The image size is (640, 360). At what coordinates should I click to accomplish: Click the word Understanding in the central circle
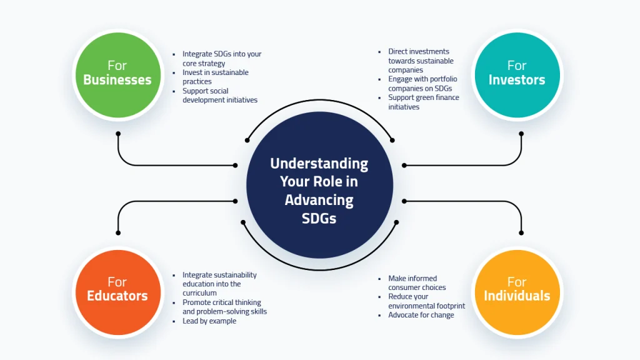[x=319, y=164]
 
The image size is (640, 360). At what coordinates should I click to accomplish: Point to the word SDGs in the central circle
[x=319, y=218]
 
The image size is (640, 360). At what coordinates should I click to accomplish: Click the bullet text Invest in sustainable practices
[x=215, y=77]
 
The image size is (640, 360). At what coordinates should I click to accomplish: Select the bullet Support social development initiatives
[x=219, y=96]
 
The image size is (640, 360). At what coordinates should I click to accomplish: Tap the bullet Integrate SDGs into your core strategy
[x=221, y=59]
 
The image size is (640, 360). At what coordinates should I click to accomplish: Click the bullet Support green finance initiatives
[x=423, y=102]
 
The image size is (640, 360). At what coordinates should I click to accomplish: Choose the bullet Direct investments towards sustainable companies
[x=420, y=61]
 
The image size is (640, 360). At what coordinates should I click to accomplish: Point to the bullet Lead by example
[x=209, y=321]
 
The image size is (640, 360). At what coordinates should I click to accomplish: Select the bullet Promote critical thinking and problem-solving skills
[x=224, y=307]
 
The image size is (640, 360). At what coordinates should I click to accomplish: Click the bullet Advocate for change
[x=421, y=315]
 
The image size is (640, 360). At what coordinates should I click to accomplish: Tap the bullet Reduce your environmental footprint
[x=426, y=301]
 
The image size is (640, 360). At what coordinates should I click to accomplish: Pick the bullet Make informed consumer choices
[x=416, y=283]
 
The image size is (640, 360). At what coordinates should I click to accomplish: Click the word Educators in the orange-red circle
[x=117, y=296]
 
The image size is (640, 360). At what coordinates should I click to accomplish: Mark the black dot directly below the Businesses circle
[x=117, y=134]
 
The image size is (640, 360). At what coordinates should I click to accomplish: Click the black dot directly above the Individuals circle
[x=521, y=232]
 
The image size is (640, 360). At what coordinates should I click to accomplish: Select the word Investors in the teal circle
[x=516, y=80]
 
